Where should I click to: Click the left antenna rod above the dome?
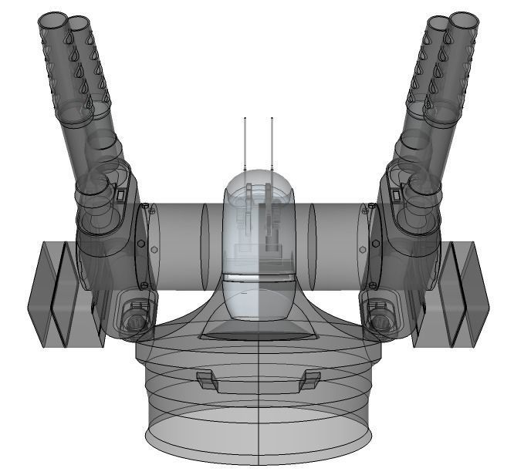click(x=245, y=143)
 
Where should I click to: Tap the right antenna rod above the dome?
click(x=272, y=143)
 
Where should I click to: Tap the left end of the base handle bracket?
click(x=205, y=379)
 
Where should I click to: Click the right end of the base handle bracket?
click(x=311, y=379)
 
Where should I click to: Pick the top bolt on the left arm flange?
click(x=145, y=205)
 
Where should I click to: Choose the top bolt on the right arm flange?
click(x=371, y=205)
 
